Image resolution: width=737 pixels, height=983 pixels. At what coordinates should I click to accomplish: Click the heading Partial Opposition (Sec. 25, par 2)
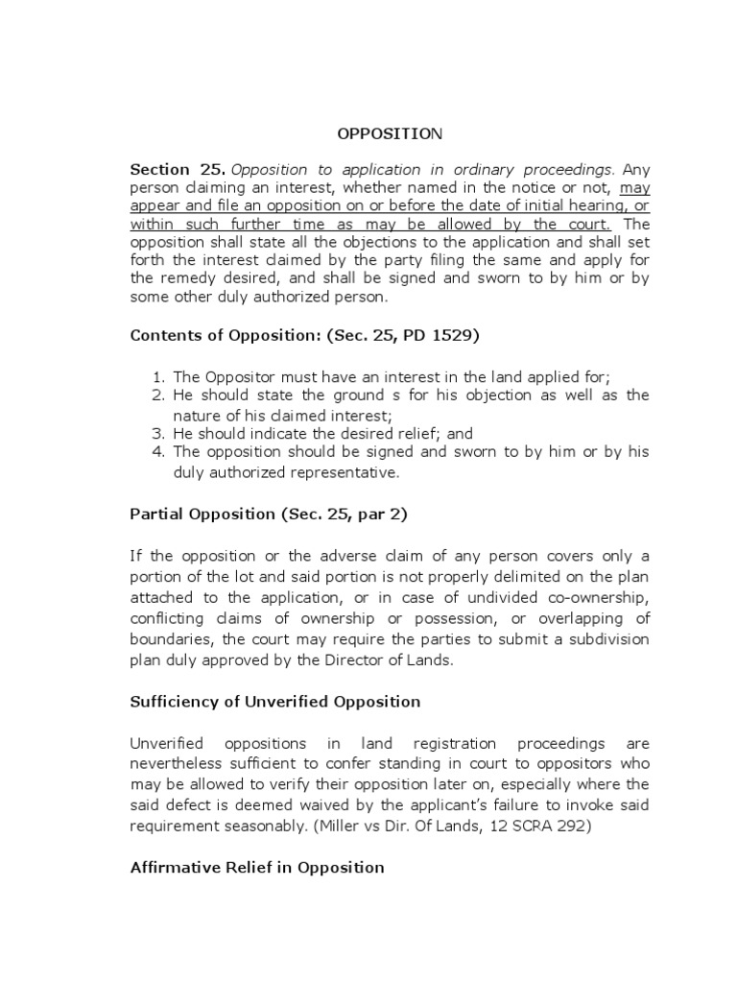tap(269, 514)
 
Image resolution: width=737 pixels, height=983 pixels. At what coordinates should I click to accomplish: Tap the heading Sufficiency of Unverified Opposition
tap(274, 701)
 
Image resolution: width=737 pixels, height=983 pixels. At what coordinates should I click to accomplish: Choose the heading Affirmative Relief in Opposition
tap(256, 867)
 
